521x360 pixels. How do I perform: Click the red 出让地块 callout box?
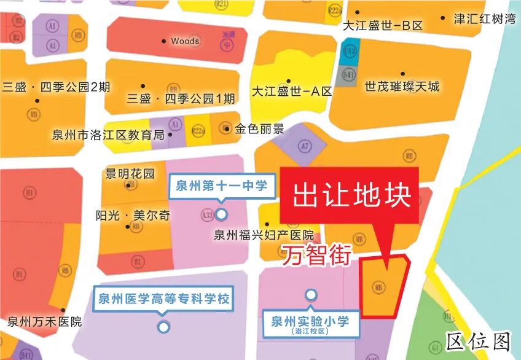(349, 195)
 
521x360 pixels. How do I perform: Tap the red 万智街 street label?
(316, 255)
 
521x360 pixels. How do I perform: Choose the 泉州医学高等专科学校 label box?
(163, 300)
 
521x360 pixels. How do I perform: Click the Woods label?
(185, 41)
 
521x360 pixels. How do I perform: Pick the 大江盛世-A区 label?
(292, 92)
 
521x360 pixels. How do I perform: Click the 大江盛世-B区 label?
(383, 26)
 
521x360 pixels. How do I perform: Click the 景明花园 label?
(130, 174)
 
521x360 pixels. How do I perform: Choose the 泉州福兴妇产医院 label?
(264, 235)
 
